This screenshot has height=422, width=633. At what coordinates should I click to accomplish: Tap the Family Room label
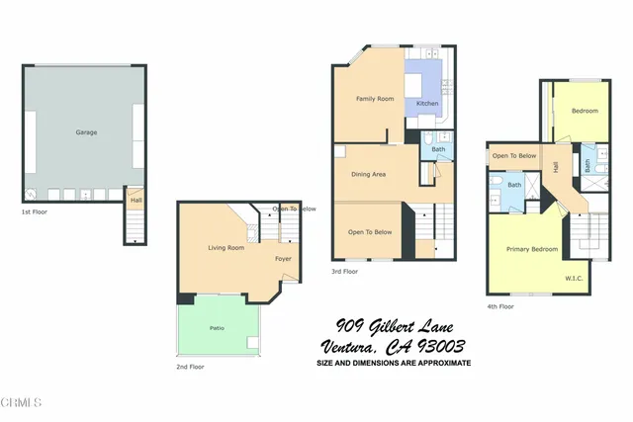[x=375, y=98]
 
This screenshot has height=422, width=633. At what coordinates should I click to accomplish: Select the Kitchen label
[x=427, y=103]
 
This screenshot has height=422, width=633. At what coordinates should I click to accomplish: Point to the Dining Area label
[x=368, y=174]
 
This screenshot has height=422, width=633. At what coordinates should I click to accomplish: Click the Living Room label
[x=226, y=247]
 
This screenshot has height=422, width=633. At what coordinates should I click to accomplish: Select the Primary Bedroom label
[x=532, y=249]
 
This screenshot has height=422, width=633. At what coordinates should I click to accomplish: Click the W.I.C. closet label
[x=573, y=278]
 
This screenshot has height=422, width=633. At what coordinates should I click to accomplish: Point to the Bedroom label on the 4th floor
[x=585, y=111]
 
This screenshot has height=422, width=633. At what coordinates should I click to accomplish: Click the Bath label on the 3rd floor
[x=438, y=149]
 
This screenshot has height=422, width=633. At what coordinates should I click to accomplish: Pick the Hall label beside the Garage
[x=136, y=201]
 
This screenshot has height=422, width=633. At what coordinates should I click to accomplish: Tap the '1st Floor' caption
[x=36, y=211]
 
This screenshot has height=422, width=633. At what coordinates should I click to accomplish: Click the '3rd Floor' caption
[x=345, y=270]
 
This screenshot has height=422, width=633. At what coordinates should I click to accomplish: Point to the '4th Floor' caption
[x=500, y=306]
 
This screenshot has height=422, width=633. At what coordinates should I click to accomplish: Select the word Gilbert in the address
[x=398, y=325]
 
